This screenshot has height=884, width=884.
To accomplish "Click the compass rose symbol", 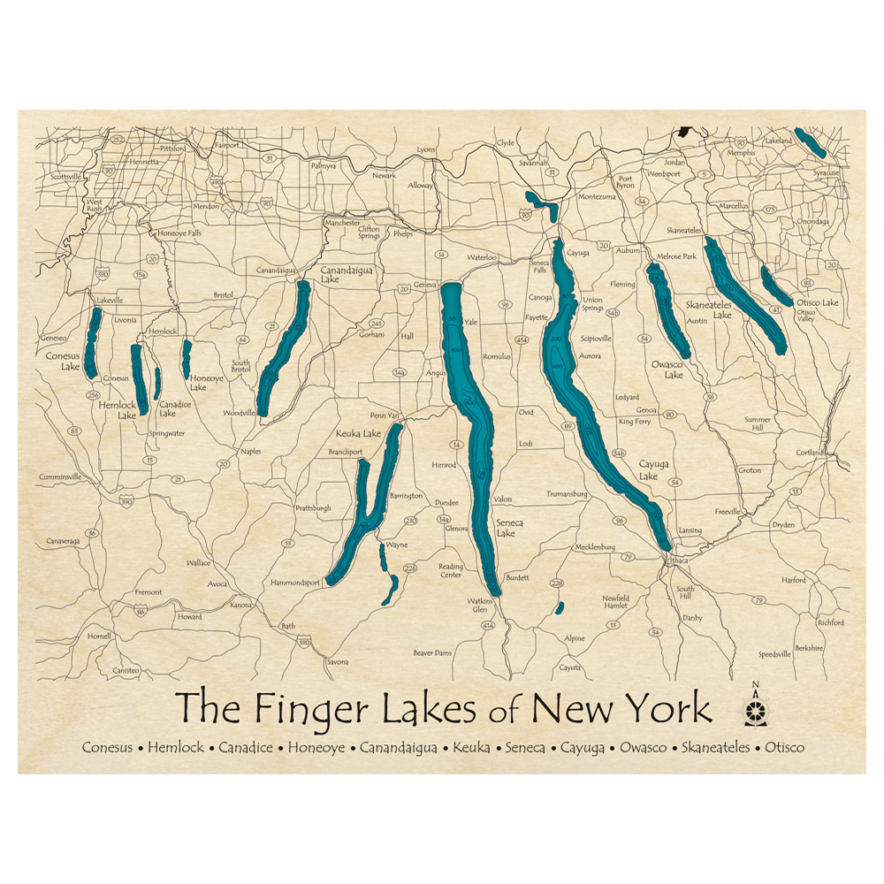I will pos(755,710).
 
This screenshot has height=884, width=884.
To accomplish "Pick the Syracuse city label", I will pos(827,173).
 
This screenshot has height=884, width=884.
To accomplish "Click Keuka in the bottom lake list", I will pos(471,748).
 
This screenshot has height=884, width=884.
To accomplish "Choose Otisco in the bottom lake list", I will pos(785,748).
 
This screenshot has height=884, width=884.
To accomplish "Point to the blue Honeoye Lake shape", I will pos(187,358).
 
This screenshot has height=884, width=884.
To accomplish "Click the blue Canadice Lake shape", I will pos(157,383).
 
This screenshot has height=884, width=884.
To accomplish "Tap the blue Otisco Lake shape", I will pos(776,286).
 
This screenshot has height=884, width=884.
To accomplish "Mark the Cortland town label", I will pos(810,453).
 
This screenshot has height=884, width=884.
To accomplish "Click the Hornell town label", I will pos(99,636).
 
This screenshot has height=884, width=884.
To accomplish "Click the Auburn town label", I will pos(628,251).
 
